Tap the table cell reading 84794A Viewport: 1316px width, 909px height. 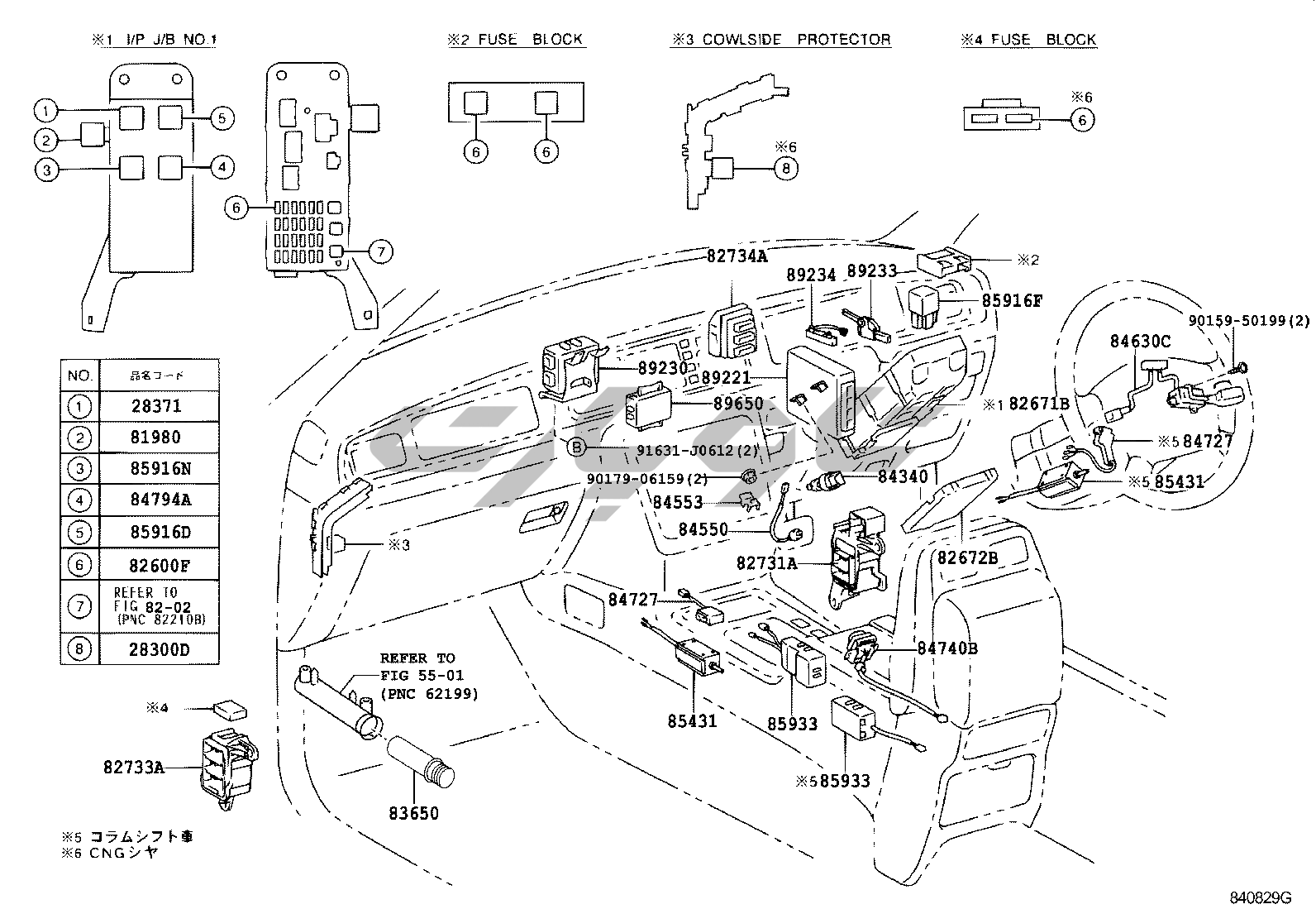coord(160,500)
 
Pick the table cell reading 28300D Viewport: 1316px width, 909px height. coord(160,649)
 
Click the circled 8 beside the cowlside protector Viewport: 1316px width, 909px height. coord(785,169)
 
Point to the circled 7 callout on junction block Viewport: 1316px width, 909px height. coord(379,251)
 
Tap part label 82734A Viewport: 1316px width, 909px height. coord(737,256)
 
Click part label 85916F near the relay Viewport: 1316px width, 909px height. coord(1012,300)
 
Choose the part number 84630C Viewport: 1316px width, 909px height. coord(1140,340)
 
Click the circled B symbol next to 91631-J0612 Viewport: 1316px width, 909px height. coord(577,448)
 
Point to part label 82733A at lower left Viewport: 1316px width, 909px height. coord(134,768)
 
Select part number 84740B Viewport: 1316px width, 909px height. coord(947,648)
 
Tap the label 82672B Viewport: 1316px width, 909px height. coord(967,557)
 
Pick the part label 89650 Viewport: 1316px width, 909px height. coord(738,404)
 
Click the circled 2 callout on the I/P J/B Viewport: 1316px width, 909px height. coord(47,140)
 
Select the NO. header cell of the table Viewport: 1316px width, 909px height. coord(79,376)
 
